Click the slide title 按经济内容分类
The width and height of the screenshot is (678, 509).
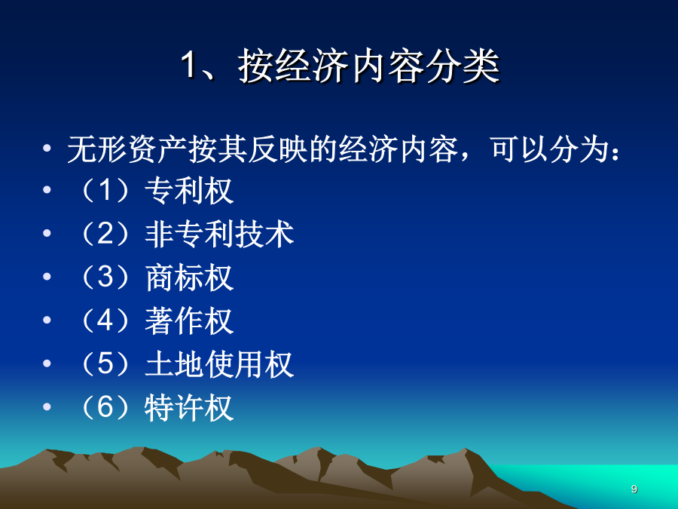[369, 66]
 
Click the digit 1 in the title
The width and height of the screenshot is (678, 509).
[189, 65]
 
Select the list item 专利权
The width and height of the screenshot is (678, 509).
[189, 191]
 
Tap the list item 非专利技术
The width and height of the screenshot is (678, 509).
[219, 234]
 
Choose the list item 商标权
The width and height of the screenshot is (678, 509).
[189, 277]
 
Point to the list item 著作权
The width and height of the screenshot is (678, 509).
[189, 320]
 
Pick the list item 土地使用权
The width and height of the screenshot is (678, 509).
[219, 364]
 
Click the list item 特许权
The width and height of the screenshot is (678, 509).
[189, 407]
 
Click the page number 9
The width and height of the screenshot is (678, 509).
[634, 489]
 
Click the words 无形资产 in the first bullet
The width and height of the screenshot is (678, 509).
[127, 150]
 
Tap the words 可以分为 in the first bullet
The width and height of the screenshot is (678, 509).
[550, 150]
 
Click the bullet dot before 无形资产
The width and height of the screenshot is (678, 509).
[47, 149]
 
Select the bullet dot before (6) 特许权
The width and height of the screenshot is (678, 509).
[47, 406]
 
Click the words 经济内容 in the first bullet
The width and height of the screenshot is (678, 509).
[399, 150]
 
